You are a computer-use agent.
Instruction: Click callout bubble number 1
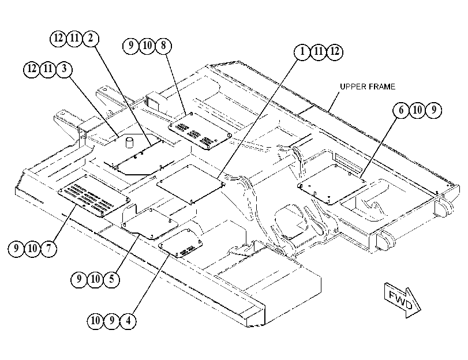click(x=302, y=52)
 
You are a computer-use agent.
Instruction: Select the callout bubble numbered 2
click(x=91, y=39)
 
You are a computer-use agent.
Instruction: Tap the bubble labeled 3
click(x=64, y=69)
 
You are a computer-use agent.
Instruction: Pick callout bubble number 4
click(x=128, y=321)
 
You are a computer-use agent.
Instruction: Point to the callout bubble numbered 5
click(x=111, y=279)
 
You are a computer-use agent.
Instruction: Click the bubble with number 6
click(x=401, y=110)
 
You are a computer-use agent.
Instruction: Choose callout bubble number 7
click(x=48, y=248)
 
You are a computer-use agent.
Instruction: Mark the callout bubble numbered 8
click(x=163, y=46)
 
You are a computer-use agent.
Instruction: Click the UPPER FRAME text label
click(x=368, y=87)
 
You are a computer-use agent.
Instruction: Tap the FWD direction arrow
click(x=402, y=299)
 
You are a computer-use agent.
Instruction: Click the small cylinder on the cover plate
click(x=129, y=142)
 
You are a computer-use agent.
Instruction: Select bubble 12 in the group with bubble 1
click(x=335, y=52)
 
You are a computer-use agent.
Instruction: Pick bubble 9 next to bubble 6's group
click(x=433, y=110)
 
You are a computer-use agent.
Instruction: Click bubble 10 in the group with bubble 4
click(x=95, y=321)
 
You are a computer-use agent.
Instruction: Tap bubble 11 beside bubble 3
click(x=48, y=69)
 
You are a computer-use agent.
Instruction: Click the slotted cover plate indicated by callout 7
click(x=94, y=196)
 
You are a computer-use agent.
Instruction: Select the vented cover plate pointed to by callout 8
click(x=200, y=132)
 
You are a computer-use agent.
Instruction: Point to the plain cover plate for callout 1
click(x=191, y=183)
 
